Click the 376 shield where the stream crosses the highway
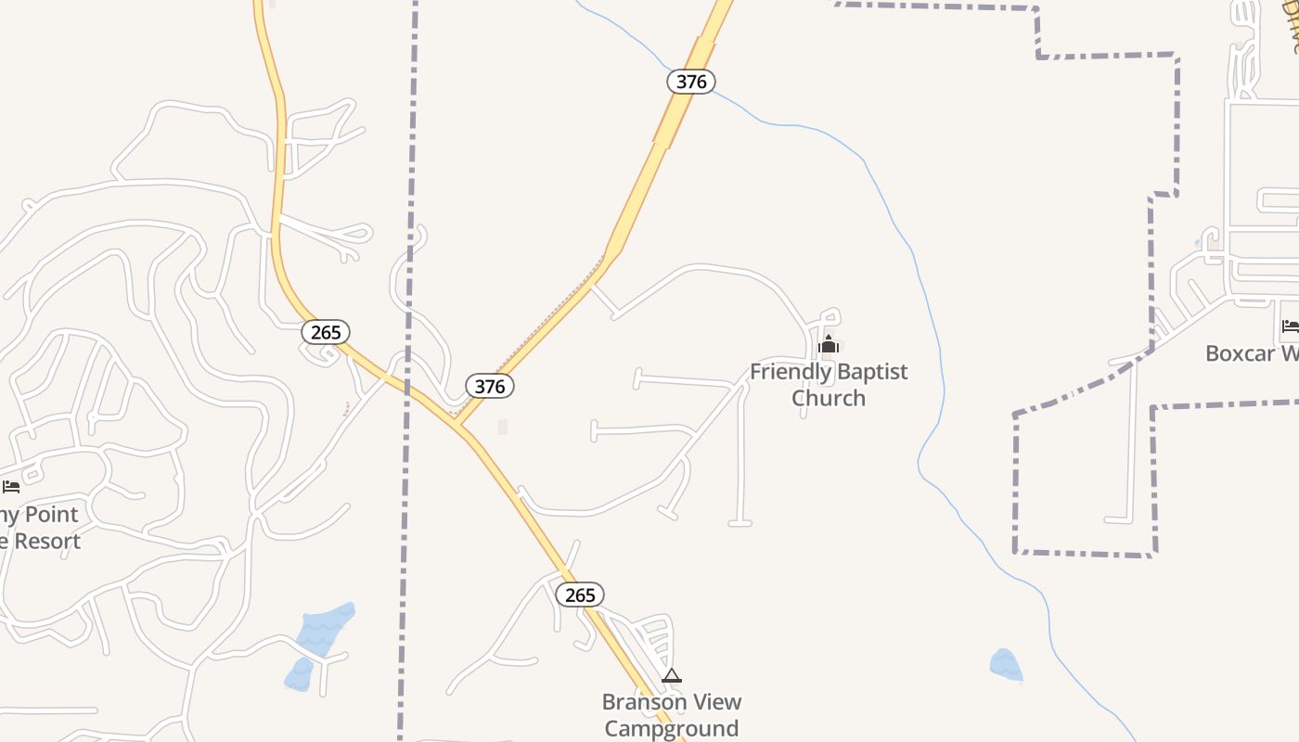coord(691,82)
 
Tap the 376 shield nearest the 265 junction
coord(489,386)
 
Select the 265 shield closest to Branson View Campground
coord(580,595)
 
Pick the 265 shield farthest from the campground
coord(326,332)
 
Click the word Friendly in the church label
coord(788,372)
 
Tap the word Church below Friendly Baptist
coord(829,398)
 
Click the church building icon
coord(829,346)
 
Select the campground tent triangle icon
coord(672,676)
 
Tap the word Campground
coord(672,728)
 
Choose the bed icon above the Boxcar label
coord(1290,326)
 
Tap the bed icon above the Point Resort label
coord(11,486)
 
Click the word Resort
coord(46,541)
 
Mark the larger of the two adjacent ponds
coord(325,628)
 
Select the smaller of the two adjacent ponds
coord(299,674)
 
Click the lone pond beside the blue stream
coord(1006,665)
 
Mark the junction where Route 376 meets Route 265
coord(458,426)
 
